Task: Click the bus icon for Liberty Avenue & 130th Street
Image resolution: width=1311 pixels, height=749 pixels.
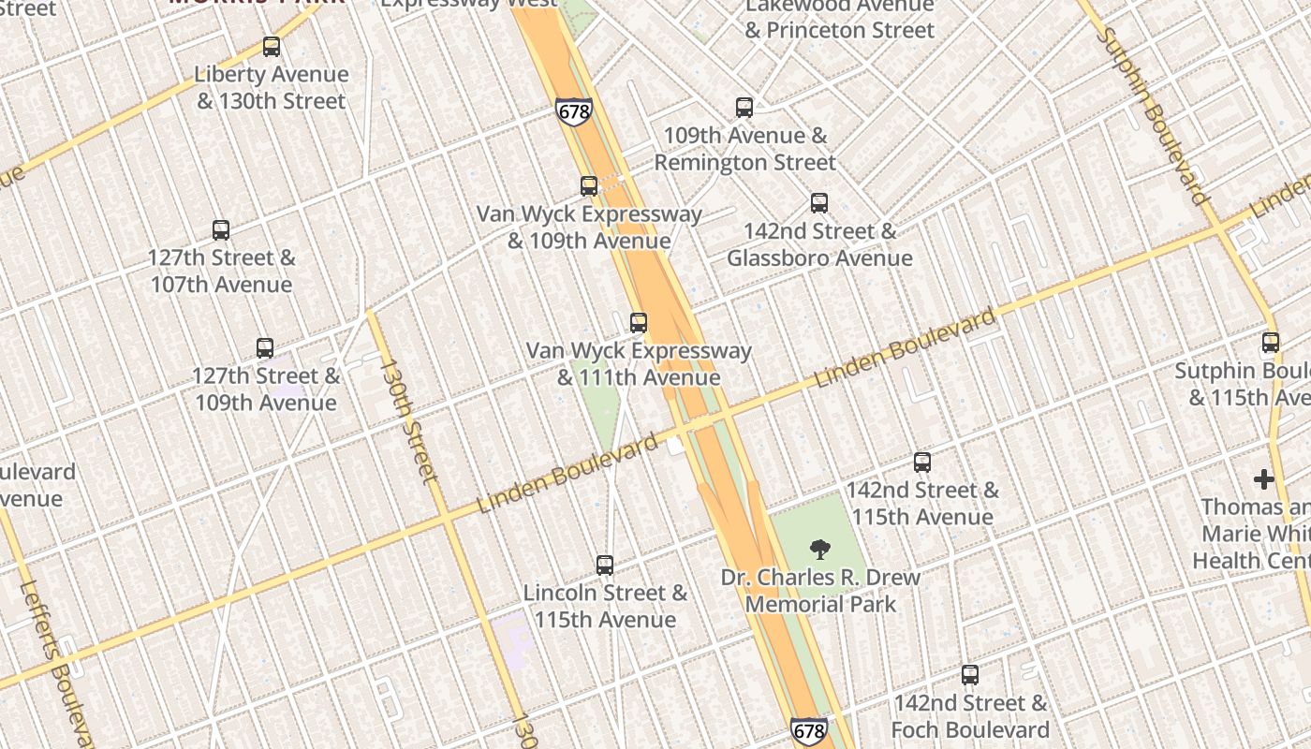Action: click(x=272, y=47)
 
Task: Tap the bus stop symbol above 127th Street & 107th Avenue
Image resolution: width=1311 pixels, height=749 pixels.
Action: click(x=221, y=230)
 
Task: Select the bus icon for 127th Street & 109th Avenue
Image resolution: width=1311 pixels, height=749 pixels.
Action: click(x=265, y=348)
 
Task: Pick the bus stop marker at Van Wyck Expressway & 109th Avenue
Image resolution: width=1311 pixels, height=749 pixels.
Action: click(x=589, y=186)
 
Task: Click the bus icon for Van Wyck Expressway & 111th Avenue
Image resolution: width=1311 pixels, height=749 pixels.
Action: click(x=639, y=323)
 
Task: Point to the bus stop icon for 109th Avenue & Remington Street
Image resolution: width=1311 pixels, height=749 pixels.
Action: click(x=744, y=108)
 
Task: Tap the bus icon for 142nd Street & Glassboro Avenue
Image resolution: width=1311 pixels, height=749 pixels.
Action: click(x=819, y=203)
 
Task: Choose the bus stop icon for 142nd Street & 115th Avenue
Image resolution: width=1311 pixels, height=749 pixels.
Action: click(x=922, y=463)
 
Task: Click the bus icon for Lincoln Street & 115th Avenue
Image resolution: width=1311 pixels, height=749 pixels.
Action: click(x=605, y=565)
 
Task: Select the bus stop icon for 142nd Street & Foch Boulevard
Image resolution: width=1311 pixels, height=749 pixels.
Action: click(x=970, y=675)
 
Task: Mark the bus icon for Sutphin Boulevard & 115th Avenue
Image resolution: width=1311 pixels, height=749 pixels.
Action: click(x=1271, y=343)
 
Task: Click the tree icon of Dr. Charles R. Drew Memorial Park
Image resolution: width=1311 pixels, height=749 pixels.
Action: click(x=819, y=550)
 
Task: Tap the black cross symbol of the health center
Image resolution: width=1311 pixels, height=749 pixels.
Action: click(x=1264, y=480)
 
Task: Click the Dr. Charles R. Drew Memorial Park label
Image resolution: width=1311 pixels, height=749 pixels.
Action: click(x=820, y=591)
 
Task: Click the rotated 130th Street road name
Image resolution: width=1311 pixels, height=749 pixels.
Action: click(x=407, y=421)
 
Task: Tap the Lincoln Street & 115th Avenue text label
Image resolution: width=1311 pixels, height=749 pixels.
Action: click(x=605, y=606)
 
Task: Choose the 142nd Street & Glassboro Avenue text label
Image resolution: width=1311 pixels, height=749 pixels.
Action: click(x=819, y=244)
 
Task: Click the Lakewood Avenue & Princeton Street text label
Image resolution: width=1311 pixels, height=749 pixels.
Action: click(x=839, y=19)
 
